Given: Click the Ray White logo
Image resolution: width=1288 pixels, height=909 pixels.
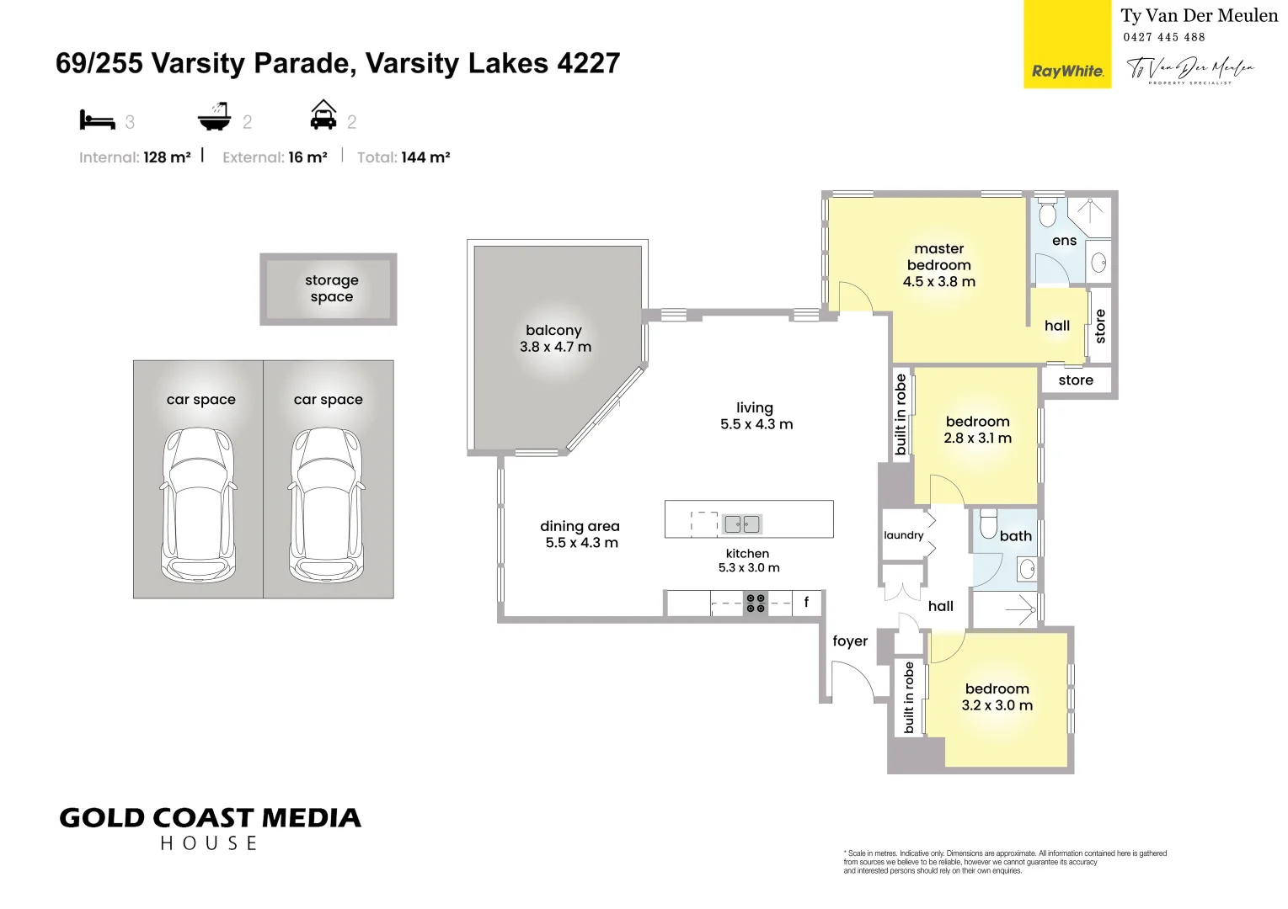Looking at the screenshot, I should (x=1066, y=71).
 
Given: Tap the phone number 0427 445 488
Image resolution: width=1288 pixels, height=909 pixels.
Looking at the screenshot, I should (x=1163, y=37).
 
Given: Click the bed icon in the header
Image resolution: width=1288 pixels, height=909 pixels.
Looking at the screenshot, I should (x=97, y=120).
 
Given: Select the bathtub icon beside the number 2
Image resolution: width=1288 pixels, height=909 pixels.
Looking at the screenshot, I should (x=214, y=117).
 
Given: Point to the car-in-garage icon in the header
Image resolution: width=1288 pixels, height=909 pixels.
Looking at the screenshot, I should (x=323, y=115).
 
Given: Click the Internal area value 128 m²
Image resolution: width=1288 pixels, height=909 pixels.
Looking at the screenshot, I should (x=167, y=157).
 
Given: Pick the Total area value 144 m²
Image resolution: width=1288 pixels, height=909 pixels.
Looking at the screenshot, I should (x=425, y=157).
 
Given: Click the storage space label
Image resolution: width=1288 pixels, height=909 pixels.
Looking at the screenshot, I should (x=331, y=288).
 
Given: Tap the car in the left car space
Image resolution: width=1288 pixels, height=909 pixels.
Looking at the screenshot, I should (x=198, y=504).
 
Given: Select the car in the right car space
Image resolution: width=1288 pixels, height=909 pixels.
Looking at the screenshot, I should (x=327, y=504).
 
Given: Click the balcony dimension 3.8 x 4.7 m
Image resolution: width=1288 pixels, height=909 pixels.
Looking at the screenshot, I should (x=555, y=347).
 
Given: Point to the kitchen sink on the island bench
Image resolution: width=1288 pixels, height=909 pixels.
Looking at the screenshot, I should (x=741, y=524).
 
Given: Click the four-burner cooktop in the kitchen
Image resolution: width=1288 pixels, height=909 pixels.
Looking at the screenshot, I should (x=756, y=603).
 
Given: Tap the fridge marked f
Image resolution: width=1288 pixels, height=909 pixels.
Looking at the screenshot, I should (x=806, y=602).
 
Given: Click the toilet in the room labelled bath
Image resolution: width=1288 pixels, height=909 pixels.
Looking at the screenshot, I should (x=989, y=524).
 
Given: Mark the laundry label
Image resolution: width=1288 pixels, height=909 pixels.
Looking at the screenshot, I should (x=903, y=535).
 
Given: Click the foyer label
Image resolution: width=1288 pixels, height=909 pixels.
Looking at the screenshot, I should (x=849, y=641).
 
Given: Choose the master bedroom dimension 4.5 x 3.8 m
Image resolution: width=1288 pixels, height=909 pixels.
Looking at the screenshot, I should (x=938, y=282).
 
